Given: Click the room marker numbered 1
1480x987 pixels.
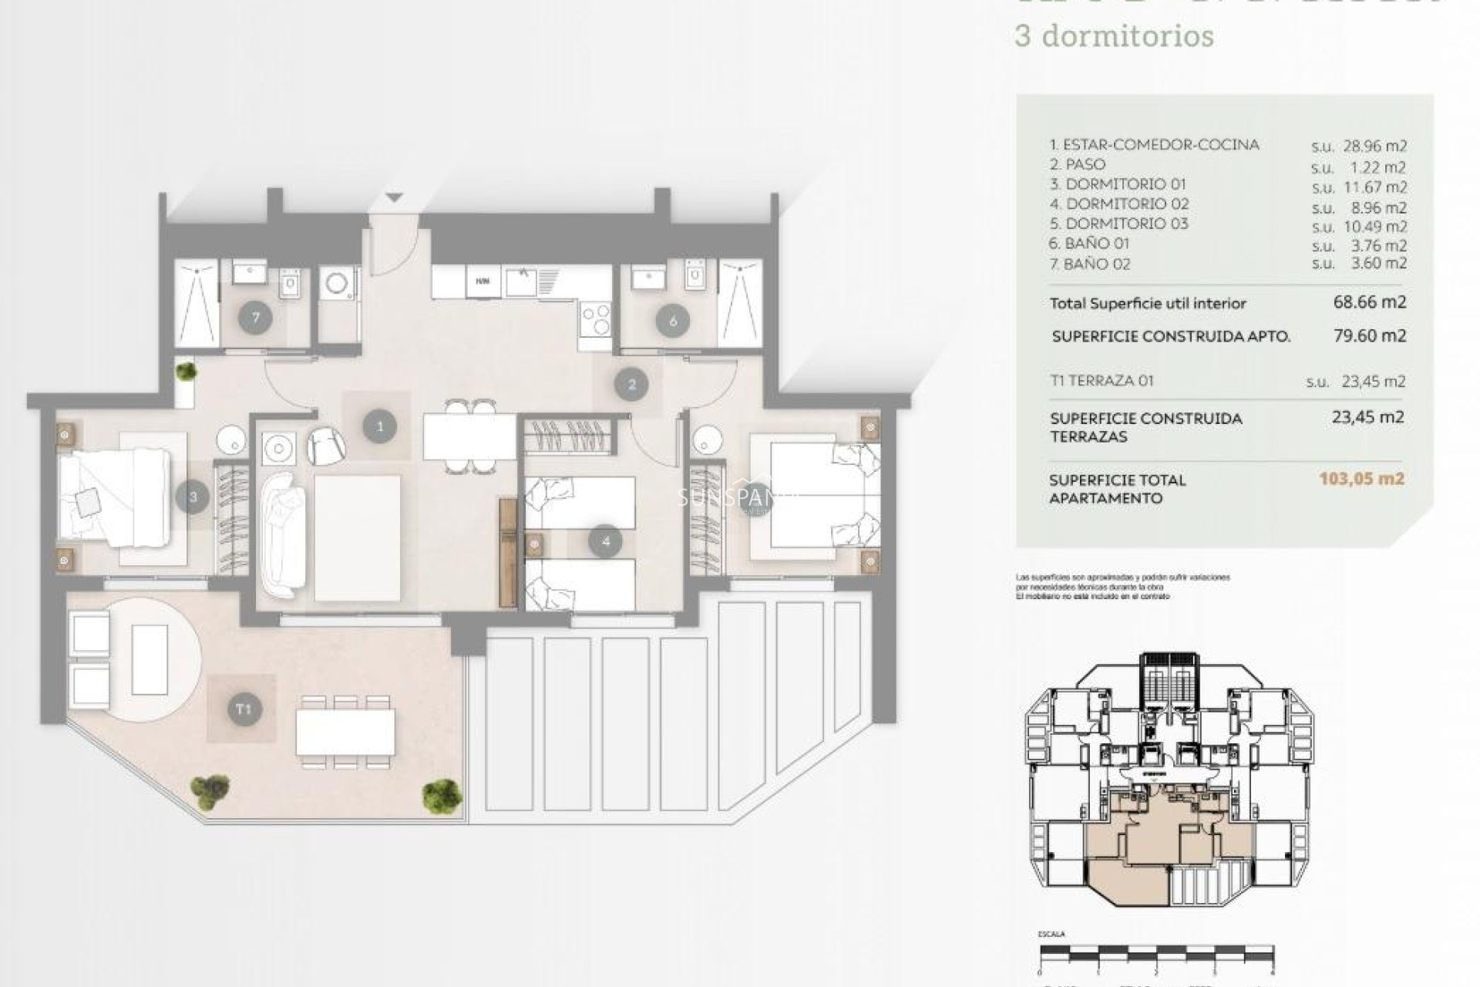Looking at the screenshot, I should pos(379,426).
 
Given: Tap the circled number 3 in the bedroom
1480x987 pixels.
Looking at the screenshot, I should pos(193,497).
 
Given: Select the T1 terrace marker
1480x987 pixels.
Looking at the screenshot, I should pos(244,709).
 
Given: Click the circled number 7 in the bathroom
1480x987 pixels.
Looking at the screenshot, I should pos(254,318).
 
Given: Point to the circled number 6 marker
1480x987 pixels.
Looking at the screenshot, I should pos(673,321).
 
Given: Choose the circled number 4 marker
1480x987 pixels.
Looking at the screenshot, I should pos(605,542).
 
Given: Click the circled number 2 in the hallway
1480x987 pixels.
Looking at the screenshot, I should pos(632,384).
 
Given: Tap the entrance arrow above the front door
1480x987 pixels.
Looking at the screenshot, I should pos(395,197).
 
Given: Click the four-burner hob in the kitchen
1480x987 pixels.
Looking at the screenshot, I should pos(596,318).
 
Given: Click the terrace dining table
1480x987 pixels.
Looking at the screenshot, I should pos(345,732).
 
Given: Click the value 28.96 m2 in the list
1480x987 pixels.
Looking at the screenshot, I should pos(1374,147).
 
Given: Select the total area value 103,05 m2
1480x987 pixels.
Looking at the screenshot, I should pos(1361,478).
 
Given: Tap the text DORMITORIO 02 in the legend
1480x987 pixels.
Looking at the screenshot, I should pos(1126,204).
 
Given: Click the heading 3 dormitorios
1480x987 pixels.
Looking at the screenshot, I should pos(1115,35).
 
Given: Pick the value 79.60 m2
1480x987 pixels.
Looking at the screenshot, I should pos(1370,335).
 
